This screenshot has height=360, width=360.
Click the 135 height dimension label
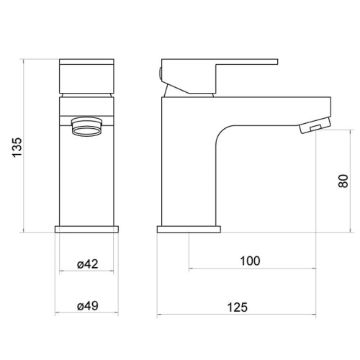click(x=17, y=147)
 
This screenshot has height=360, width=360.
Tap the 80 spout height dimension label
click(x=344, y=181)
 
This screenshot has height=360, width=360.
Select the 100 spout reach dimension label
click(x=250, y=261)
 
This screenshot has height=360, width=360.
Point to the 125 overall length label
click(x=238, y=307)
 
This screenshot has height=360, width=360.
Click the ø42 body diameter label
click(x=88, y=264)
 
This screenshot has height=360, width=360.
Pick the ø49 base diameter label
click(x=88, y=306)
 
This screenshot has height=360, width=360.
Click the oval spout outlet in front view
click(x=87, y=127)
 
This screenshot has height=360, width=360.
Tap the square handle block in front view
click(x=87, y=76)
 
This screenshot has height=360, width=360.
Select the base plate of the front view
click(x=87, y=229)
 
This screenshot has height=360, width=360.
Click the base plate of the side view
click(x=189, y=229)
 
